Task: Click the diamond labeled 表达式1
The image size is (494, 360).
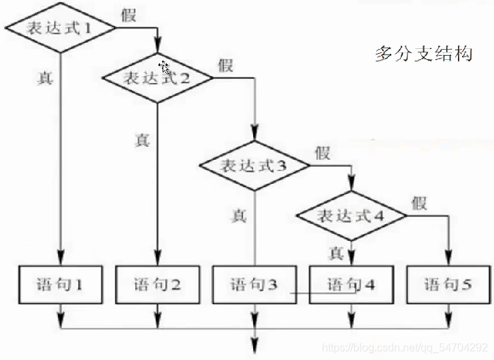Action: [59, 29]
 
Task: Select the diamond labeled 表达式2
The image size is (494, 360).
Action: [157, 77]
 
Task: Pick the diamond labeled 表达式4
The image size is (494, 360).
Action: [351, 216]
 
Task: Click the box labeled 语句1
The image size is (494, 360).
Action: [61, 284]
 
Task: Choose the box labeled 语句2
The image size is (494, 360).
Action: [157, 284]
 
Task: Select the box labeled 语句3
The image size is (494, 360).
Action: [254, 284]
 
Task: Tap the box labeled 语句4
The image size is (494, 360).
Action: [351, 284]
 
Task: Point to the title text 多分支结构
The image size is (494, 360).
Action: [423, 54]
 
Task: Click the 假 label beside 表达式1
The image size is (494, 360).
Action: [129, 15]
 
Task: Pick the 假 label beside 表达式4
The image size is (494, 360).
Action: [418, 202]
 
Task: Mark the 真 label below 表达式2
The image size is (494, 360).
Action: [142, 140]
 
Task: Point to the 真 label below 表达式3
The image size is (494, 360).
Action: [239, 216]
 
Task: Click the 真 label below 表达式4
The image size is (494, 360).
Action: [335, 253]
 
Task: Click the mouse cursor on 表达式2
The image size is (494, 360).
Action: [165, 67]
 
